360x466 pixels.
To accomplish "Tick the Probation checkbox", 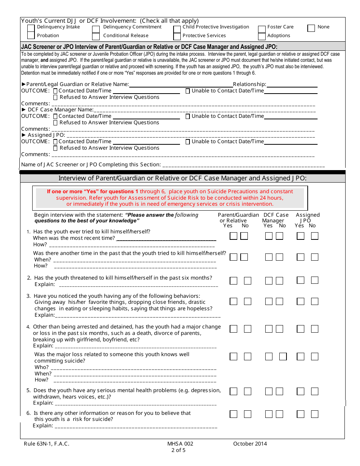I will coord(31,36).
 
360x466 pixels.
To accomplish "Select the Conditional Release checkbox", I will coord(96,36).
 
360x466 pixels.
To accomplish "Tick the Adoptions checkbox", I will coord(262,36).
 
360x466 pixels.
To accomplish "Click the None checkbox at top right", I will coord(311,28).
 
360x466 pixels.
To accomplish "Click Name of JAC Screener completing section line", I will coord(243,165).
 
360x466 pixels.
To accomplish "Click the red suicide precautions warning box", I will coord(170,198).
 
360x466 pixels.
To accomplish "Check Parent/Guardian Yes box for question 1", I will coord(233,236).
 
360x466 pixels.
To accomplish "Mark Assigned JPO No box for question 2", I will coord(315,280).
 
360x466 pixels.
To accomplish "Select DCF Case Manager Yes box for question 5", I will coord(269,391).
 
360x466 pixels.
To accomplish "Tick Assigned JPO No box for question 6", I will coord(315,414).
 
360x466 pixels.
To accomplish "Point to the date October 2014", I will coord(250,444).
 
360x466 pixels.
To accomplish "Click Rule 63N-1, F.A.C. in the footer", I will coord(46,444).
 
